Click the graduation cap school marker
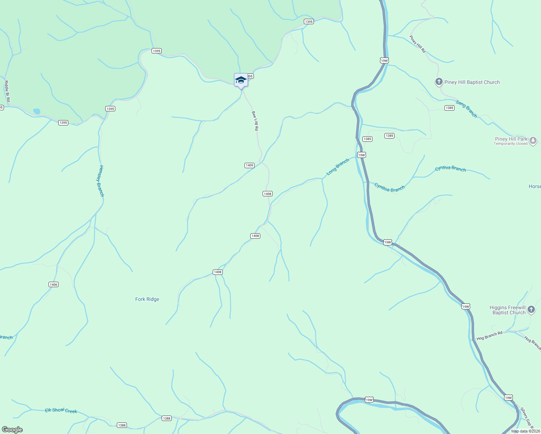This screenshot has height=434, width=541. (241, 80)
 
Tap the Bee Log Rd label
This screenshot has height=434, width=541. (255, 121)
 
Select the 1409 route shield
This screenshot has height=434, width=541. (250, 165)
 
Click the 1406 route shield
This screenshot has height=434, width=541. (54, 285)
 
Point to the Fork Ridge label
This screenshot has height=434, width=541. (147, 299)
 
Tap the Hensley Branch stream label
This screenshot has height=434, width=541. (101, 181)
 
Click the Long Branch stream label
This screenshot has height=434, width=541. (338, 167)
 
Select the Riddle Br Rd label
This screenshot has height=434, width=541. (7, 91)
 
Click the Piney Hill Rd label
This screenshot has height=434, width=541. (417, 44)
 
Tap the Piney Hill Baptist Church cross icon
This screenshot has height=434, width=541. (439, 82)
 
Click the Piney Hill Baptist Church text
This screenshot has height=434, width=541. (472, 82)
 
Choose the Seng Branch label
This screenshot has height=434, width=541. (466, 109)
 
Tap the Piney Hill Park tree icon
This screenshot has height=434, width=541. (533, 141)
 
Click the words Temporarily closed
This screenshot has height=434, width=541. (511, 144)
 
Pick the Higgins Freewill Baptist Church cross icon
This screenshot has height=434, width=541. (531, 309)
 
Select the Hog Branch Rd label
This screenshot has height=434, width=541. (489, 336)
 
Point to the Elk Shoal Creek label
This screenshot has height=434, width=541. (61, 410)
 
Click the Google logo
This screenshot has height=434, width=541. (12, 430)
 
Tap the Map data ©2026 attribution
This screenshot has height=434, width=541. (525, 431)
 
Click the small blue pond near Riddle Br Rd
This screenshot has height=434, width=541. (37, 111)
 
